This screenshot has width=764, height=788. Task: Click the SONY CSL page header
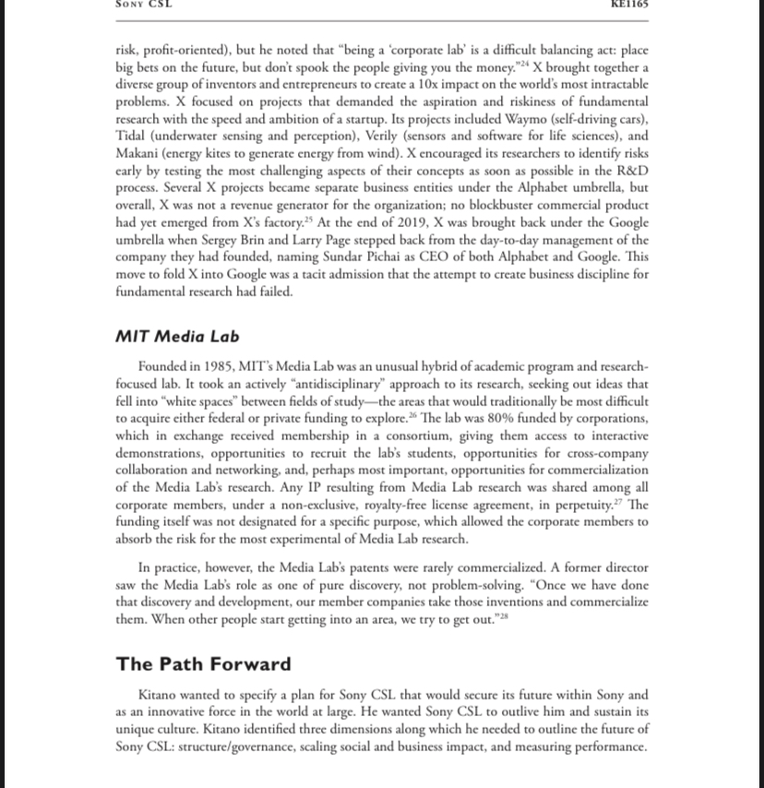click(x=143, y=5)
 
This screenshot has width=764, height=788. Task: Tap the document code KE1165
click(x=629, y=5)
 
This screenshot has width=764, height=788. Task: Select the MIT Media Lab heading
click(x=177, y=336)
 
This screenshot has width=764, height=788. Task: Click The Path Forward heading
click(x=203, y=664)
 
